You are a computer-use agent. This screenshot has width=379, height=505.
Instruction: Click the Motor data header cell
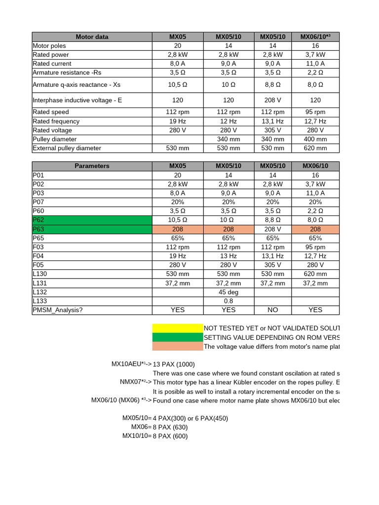(x=92, y=36)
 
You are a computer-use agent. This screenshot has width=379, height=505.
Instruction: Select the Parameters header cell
(x=92, y=166)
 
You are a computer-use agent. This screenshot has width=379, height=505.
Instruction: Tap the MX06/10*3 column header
(x=315, y=36)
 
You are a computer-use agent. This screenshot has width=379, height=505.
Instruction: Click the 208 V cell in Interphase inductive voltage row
(x=272, y=100)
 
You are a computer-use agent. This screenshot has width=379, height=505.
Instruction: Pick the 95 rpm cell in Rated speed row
(x=315, y=112)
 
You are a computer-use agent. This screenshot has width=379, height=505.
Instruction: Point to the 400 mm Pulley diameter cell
(x=315, y=139)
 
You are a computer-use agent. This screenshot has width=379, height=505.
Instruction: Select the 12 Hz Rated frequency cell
(x=228, y=121)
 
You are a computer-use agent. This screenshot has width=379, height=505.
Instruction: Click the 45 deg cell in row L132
(x=228, y=292)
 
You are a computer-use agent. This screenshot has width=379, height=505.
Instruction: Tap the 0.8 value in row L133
(x=228, y=301)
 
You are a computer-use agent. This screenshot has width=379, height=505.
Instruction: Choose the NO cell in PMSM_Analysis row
(x=272, y=310)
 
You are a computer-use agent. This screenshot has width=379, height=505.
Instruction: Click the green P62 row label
(x=92, y=220)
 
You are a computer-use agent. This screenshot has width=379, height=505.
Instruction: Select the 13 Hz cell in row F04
(x=228, y=256)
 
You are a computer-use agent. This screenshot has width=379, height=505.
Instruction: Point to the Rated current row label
(x=52, y=64)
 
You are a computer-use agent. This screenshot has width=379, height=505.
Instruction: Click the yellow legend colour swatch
(x=178, y=328)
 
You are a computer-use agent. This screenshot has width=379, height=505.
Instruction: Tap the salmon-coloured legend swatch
(x=178, y=346)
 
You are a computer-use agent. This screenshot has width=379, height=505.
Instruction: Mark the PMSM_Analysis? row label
(x=58, y=310)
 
